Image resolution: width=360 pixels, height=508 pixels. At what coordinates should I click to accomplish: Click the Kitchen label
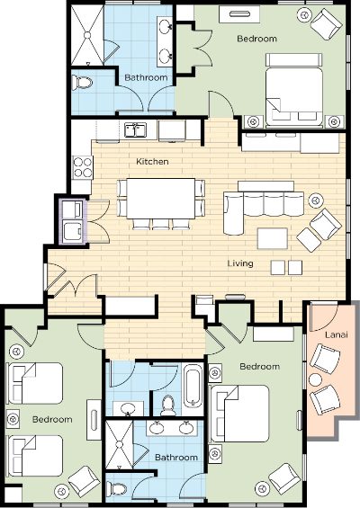point(152,161)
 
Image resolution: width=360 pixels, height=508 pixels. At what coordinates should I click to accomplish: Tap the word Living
point(240,263)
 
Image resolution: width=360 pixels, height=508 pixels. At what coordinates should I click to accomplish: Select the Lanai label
point(337,334)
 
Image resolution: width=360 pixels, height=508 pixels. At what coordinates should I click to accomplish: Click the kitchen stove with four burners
point(83,167)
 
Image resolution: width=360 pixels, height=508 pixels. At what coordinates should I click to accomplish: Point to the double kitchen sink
point(136,129)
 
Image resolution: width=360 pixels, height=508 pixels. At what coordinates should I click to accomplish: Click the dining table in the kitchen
point(161,199)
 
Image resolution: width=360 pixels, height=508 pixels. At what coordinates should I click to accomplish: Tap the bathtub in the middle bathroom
point(193,386)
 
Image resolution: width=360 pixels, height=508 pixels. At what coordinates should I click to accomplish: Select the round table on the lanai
point(315,379)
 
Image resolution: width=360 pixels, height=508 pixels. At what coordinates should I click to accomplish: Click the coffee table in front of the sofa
point(273,239)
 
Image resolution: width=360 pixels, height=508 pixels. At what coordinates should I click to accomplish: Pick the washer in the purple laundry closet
point(72,231)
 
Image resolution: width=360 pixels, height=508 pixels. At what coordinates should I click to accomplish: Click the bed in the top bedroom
point(294,91)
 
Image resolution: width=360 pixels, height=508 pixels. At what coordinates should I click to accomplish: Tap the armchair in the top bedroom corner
point(326,24)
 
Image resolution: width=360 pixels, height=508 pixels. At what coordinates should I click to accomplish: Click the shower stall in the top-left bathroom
point(87,35)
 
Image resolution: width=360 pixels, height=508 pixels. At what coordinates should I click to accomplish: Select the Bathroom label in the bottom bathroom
point(176,458)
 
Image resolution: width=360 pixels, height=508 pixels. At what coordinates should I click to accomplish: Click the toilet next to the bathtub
point(168,406)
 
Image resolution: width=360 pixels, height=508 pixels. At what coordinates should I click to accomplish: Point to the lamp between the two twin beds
point(13,419)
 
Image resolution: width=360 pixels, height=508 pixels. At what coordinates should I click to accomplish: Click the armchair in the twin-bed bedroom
point(85,481)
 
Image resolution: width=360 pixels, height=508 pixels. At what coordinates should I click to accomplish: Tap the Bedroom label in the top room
point(256,39)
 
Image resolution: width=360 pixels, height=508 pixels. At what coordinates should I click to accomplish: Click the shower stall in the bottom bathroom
point(120,444)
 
